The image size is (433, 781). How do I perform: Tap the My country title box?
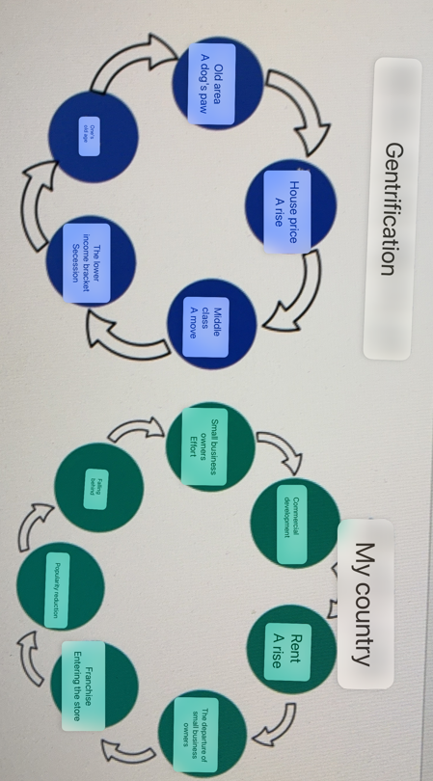[x=364, y=605]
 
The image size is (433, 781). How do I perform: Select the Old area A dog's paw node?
[x=217, y=82]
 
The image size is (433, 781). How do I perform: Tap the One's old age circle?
[x=93, y=135]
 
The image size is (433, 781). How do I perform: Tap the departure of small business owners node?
[x=203, y=731]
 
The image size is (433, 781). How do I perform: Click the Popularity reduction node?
[x=61, y=585]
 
